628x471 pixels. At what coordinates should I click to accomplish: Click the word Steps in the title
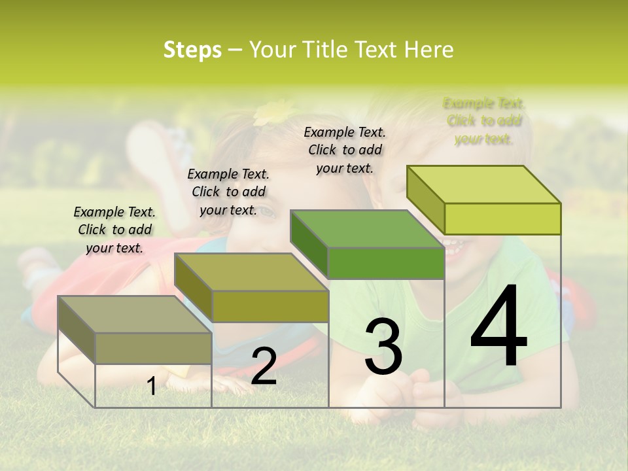click(x=192, y=50)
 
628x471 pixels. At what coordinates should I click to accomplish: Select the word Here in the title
click(x=428, y=50)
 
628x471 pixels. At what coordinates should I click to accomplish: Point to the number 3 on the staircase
click(x=383, y=346)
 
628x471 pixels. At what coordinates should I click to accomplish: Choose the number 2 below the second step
click(x=264, y=366)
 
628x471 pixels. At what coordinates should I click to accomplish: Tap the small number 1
click(x=151, y=387)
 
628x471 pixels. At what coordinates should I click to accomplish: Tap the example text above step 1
click(x=114, y=230)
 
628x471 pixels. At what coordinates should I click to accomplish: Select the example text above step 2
click(x=228, y=192)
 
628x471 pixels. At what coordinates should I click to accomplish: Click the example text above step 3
click(x=345, y=150)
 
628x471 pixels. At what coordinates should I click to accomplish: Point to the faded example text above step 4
click(x=484, y=121)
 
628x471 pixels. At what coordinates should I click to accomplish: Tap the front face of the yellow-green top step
click(x=502, y=218)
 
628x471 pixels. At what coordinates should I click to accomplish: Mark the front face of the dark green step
click(x=386, y=263)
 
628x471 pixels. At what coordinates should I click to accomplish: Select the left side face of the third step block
click(x=309, y=242)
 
